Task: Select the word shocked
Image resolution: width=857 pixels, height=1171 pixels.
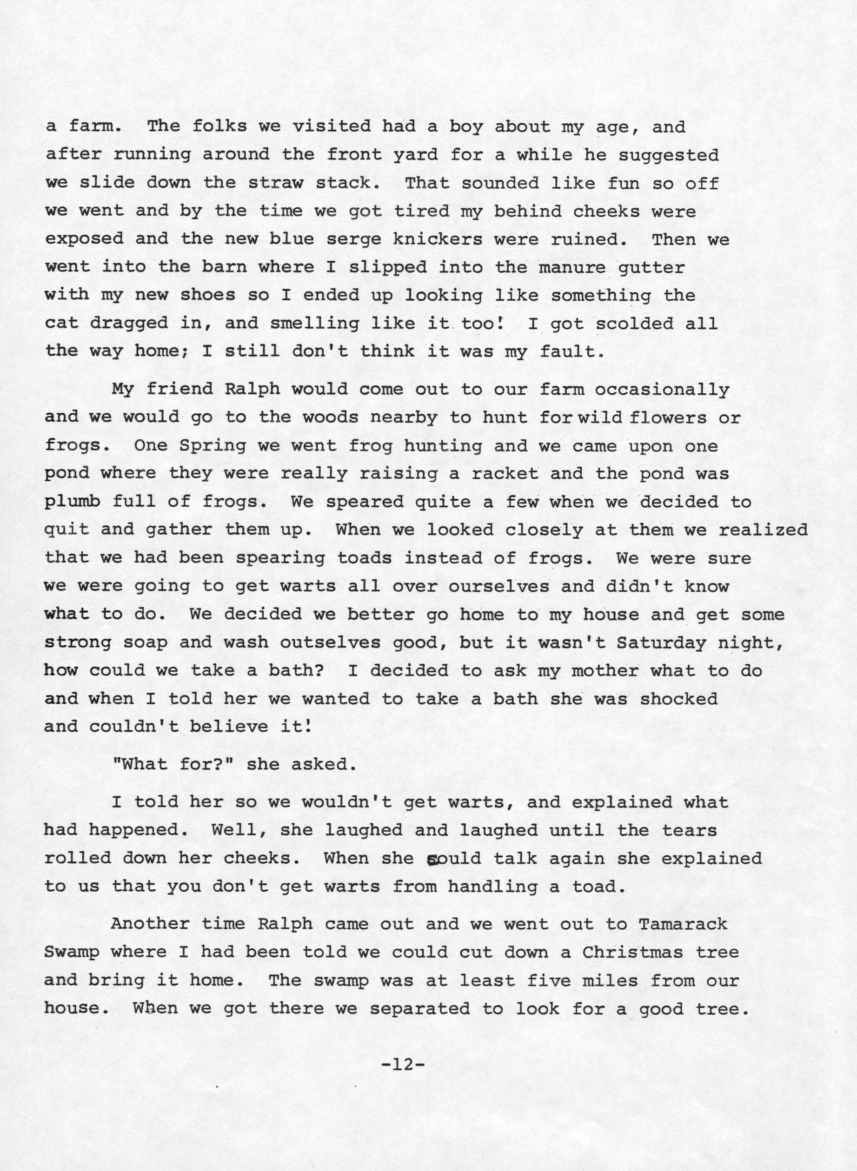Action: point(678,699)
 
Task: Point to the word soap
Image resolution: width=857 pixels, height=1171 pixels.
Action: point(146,642)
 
